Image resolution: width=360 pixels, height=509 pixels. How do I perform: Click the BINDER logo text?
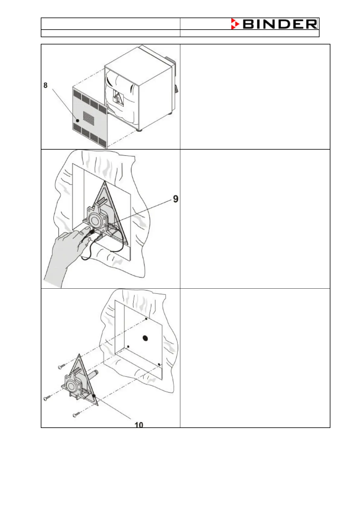280,24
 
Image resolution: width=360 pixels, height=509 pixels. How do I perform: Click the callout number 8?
45,85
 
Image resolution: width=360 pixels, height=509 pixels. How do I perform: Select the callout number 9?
175,199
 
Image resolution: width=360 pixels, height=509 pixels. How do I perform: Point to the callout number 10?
139,425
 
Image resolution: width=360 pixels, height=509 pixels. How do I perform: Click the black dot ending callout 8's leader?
78,120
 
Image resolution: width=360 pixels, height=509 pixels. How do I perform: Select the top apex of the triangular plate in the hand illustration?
105,182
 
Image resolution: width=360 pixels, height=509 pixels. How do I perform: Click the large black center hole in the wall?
145,338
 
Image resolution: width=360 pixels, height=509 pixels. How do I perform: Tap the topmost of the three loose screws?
61,367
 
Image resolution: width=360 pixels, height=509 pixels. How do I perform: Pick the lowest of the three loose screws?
76,416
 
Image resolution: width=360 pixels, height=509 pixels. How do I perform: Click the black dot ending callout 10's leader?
94,396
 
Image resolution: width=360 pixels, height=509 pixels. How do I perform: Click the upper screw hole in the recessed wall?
146,319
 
